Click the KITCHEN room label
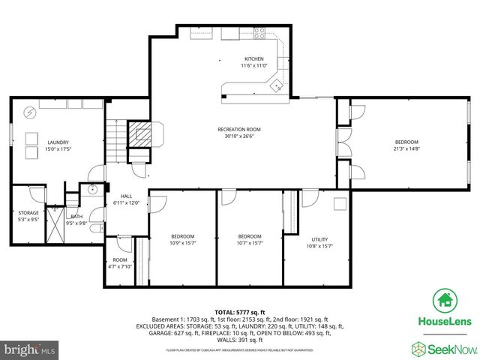pos(254,59)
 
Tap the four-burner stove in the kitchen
pos(261,32)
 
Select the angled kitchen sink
pos(277,85)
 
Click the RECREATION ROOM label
pos(239,129)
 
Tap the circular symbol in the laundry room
pos(29,113)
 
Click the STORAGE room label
pos(28,213)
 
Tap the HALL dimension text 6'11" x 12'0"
pos(126,202)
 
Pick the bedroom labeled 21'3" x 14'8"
pos(406,145)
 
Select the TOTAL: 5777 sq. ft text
pos(240,311)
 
